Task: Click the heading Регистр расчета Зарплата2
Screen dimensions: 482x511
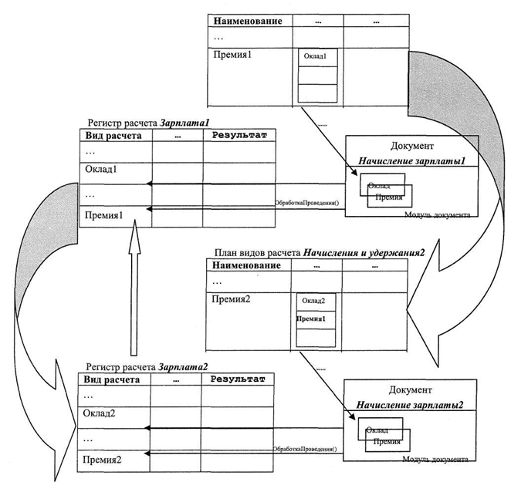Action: [x=147, y=366]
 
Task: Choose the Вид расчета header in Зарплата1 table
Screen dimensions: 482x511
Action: [x=110, y=136]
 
